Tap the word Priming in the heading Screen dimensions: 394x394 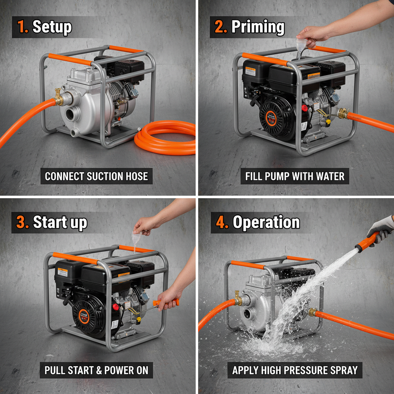pyautogui.click(x=258, y=27)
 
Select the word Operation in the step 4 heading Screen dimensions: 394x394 pyautogui.click(x=266, y=222)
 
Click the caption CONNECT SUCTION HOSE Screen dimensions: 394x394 pyautogui.click(x=96, y=176)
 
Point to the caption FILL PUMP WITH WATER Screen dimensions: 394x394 pyautogui.click(x=295, y=176)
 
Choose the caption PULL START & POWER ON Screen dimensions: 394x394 pyautogui.click(x=96, y=370)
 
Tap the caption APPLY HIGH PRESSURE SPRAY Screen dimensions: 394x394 pyautogui.click(x=295, y=370)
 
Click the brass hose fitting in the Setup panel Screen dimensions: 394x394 pyautogui.click(x=59, y=98)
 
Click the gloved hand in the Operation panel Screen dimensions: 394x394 pyautogui.click(x=381, y=229)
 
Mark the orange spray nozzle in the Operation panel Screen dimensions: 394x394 pyautogui.click(x=364, y=242)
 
